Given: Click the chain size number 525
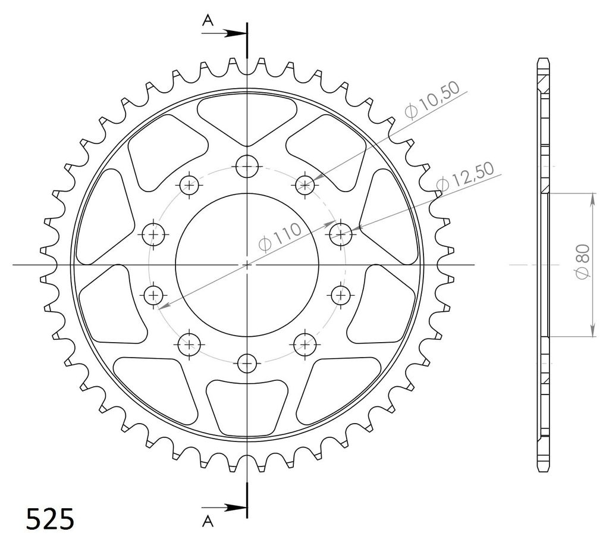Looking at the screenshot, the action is coord(50,518).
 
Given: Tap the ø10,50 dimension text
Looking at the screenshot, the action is coord(432,99).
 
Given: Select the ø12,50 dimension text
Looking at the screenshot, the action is coord(465,177).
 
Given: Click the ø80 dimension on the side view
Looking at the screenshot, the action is coord(583,261).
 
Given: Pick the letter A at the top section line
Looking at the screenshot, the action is coord(208,20).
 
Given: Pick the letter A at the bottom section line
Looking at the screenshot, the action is coord(208,521).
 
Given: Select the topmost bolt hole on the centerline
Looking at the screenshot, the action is coord(247,166).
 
